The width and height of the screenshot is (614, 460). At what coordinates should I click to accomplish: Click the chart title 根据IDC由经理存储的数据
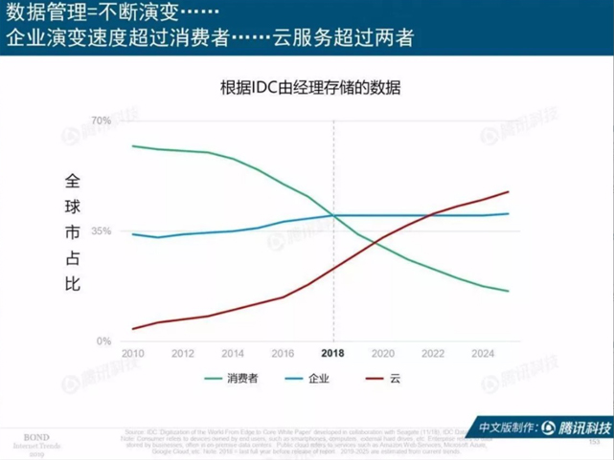click(309, 87)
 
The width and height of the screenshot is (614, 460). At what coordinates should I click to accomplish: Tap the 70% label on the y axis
click(102, 120)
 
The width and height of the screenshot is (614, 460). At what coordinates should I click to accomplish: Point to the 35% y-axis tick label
click(102, 231)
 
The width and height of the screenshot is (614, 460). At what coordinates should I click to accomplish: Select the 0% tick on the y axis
click(103, 341)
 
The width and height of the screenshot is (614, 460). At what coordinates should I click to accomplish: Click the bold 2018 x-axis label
click(333, 353)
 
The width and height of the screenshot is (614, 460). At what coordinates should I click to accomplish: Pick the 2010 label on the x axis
click(132, 353)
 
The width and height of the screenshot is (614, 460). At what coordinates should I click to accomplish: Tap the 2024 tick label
click(484, 353)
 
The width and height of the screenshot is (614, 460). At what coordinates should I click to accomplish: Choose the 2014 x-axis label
click(233, 353)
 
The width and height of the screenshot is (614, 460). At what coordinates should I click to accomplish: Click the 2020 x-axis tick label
click(383, 353)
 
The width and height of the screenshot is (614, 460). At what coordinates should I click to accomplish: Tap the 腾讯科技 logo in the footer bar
click(579, 427)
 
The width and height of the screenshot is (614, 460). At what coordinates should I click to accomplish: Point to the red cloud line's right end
click(508, 192)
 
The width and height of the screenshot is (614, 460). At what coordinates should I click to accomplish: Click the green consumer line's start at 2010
click(132, 146)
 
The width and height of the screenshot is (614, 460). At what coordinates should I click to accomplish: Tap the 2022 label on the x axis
click(434, 353)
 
